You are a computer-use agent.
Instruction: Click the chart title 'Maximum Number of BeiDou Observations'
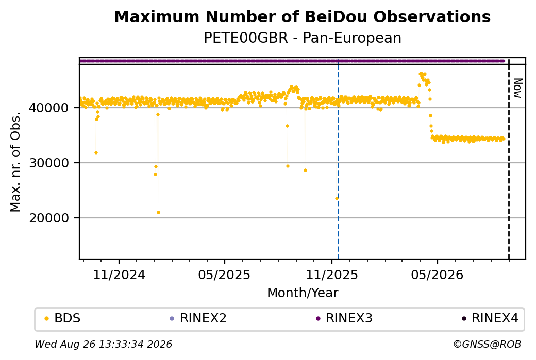[x=302, y=16]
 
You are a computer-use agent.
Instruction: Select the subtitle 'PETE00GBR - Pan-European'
[x=302, y=38]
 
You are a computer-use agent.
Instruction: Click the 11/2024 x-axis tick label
[x=119, y=275]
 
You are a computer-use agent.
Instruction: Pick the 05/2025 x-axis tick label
[x=224, y=275]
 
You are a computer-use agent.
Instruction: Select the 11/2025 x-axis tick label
[x=331, y=275]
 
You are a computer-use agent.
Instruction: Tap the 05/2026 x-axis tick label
[x=437, y=275]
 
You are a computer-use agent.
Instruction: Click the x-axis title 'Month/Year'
[x=303, y=293]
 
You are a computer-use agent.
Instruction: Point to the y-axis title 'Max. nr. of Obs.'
[x=15, y=162]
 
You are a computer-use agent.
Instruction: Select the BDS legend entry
[x=62, y=318]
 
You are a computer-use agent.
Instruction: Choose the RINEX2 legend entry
[x=198, y=318]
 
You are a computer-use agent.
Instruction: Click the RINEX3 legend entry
[x=344, y=318]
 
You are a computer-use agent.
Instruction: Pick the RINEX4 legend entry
[x=490, y=318]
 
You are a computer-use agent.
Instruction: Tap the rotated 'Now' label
[x=517, y=88]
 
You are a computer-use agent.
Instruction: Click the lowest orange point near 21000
[x=158, y=213]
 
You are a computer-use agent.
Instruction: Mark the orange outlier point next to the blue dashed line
[x=337, y=198]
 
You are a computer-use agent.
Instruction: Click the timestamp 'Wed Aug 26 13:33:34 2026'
[x=103, y=344]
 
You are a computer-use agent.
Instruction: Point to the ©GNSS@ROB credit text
[x=487, y=344]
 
